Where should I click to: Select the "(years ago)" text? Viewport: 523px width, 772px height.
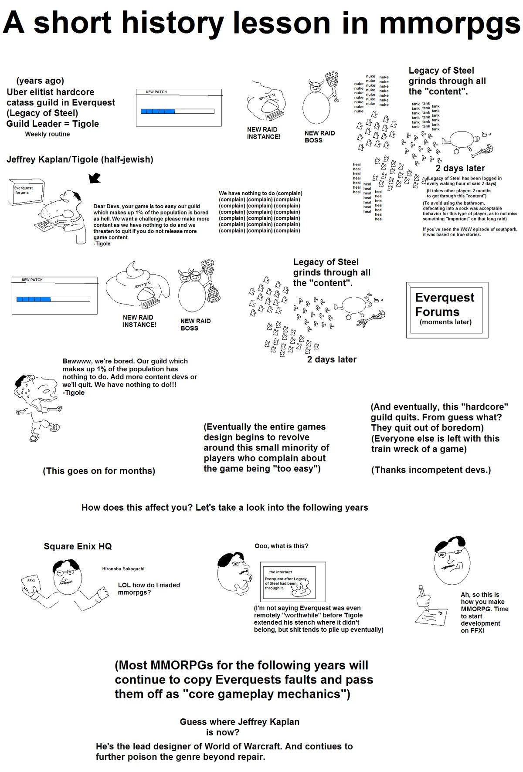tap(40, 81)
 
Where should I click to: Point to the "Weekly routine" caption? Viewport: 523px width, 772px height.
tap(47, 134)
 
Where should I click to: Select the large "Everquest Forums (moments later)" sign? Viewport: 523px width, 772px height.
tap(447, 310)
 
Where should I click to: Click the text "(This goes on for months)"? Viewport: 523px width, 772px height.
tap(99, 471)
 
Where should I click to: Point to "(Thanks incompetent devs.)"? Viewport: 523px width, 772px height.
tap(431, 470)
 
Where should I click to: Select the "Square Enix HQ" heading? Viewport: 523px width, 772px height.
tap(78, 546)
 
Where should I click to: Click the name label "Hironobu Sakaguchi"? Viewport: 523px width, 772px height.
tap(123, 569)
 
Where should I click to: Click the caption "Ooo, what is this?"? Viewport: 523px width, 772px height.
tap(281, 546)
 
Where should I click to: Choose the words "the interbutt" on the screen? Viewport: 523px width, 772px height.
tap(281, 572)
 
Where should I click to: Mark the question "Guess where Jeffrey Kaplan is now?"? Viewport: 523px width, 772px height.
tap(239, 727)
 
